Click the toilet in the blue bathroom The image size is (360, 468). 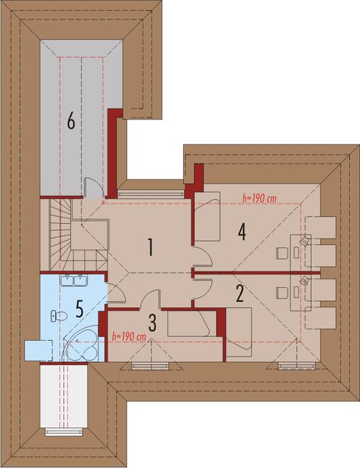(55, 315)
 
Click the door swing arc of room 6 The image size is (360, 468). (93, 187)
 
